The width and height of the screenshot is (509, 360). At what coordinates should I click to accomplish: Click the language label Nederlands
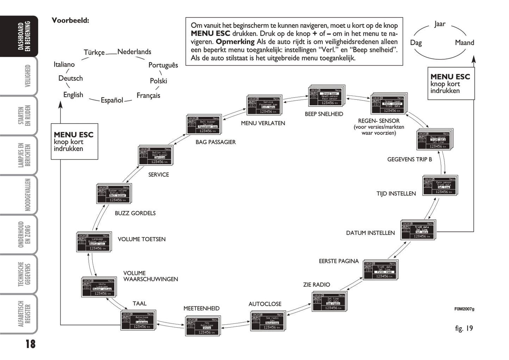[x=134, y=52]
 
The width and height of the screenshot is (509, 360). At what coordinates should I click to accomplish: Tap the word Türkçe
[x=94, y=52]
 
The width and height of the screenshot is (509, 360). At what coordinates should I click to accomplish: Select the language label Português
[x=163, y=65]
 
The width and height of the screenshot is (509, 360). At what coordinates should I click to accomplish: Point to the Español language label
[x=112, y=100]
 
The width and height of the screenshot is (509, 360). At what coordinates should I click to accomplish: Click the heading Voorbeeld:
[x=70, y=20]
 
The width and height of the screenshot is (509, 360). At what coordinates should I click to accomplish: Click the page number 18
[x=30, y=344]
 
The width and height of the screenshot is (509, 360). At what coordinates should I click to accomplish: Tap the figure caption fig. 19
[x=464, y=328]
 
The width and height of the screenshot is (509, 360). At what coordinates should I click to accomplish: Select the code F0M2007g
[x=464, y=309]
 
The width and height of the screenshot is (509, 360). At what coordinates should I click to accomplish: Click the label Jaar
[x=440, y=24]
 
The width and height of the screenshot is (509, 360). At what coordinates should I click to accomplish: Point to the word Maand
[x=464, y=43]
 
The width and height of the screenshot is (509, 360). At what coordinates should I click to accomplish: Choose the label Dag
[x=416, y=43]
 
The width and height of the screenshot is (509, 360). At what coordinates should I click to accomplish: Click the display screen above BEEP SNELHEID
[x=326, y=96]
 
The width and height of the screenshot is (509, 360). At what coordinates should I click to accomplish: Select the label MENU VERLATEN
[x=263, y=123]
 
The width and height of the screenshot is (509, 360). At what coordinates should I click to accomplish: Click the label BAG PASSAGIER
[x=216, y=142]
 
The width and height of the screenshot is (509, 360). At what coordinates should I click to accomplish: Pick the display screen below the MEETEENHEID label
[x=202, y=326]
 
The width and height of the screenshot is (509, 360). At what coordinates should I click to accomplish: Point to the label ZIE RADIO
[x=316, y=285]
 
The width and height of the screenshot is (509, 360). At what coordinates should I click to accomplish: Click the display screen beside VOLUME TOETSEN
[x=93, y=242]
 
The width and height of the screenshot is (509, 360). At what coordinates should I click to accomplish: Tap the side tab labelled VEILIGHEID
[x=27, y=76]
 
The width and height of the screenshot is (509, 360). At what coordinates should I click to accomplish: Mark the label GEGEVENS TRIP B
[x=409, y=160]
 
